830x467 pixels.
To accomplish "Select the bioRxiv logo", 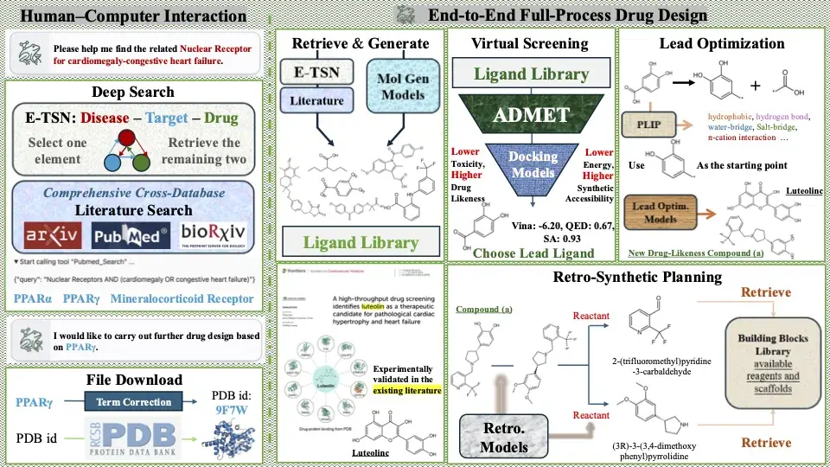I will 214,235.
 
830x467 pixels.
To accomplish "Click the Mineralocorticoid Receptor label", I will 189,299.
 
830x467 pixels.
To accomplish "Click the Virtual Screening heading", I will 531,43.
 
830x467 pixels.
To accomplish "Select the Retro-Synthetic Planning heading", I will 636,278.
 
